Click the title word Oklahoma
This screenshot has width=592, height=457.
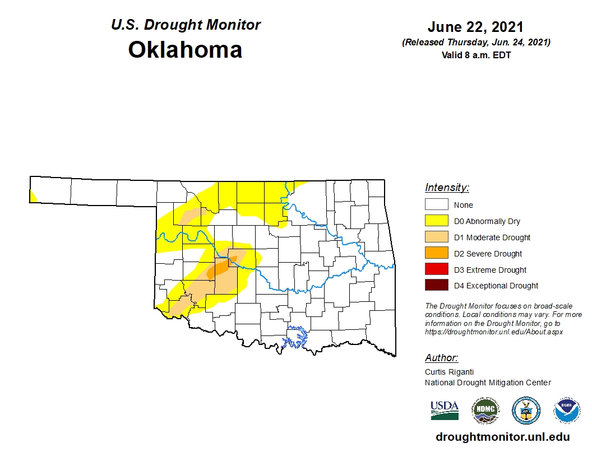[x=185, y=50]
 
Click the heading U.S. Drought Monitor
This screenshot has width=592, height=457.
[x=186, y=25]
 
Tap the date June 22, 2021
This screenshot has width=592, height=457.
[x=475, y=27]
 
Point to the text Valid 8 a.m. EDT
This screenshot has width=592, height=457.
[x=475, y=55]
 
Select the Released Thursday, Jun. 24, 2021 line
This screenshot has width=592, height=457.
[x=475, y=43]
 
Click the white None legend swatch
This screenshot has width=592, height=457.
[x=436, y=205]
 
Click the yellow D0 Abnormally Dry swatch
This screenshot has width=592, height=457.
[x=436, y=221]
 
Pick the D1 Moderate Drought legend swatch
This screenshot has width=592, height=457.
[x=436, y=237]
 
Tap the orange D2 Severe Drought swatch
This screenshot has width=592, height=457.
[x=436, y=254]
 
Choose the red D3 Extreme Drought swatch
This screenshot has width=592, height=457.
[x=436, y=270]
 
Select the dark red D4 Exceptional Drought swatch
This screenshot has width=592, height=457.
[x=436, y=286]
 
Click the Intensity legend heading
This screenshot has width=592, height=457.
[x=447, y=188]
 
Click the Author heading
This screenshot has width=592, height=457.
[x=441, y=358]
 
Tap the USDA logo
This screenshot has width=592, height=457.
[x=445, y=410]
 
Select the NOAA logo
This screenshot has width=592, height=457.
[x=567, y=411]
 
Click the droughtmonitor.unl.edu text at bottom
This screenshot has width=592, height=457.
[x=502, y=437]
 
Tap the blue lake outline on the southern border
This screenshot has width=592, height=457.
[x=297, y=338]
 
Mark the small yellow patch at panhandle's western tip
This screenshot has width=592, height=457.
[x=33, y=196]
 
